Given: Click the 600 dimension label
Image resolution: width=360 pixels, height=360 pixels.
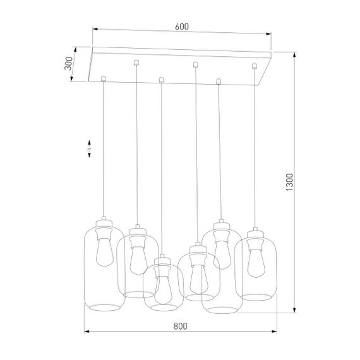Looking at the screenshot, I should point(182,27).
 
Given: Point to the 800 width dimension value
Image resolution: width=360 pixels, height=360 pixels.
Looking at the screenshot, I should point(180,327).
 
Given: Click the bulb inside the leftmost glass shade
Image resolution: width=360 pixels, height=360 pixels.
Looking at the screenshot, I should point(104,251).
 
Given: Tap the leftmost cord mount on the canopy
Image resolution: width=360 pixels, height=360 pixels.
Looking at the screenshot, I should point(104,79).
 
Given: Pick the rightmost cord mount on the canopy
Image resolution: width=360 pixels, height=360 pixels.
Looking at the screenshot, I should point(255,66).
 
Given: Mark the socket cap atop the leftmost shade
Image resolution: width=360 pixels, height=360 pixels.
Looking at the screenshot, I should point(104,222).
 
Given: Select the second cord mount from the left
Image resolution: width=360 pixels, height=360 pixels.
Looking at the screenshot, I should point(136,62).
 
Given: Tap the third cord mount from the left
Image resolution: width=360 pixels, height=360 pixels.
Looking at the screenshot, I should point(162,80).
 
